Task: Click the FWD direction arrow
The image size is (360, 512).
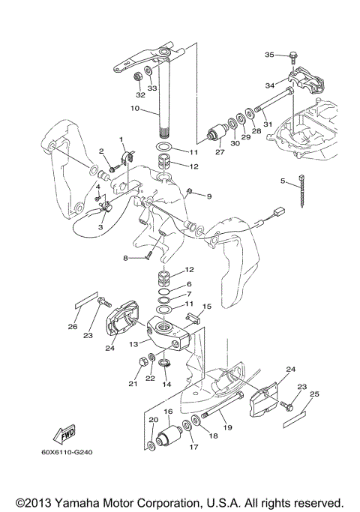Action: [x=64, y=434]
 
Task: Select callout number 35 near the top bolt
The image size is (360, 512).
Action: [x=269, y=55]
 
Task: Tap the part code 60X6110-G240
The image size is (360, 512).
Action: [x=67, y=453]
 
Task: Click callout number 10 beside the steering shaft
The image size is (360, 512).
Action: [x=134, y=108]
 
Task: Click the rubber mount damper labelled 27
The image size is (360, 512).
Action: [x=217, y=133]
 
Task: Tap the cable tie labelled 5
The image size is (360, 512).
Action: [x=301, y=190]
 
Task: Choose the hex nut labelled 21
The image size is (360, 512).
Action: [x=142, y=362]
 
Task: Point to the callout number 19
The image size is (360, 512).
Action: [x=227, y=427]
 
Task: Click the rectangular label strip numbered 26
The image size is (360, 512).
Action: [x=86, y=299]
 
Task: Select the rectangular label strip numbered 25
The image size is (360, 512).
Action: [x=294, y=419]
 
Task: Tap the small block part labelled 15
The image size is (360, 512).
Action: [x=193, y=318]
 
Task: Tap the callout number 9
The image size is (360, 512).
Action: [x=209, y=196]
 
